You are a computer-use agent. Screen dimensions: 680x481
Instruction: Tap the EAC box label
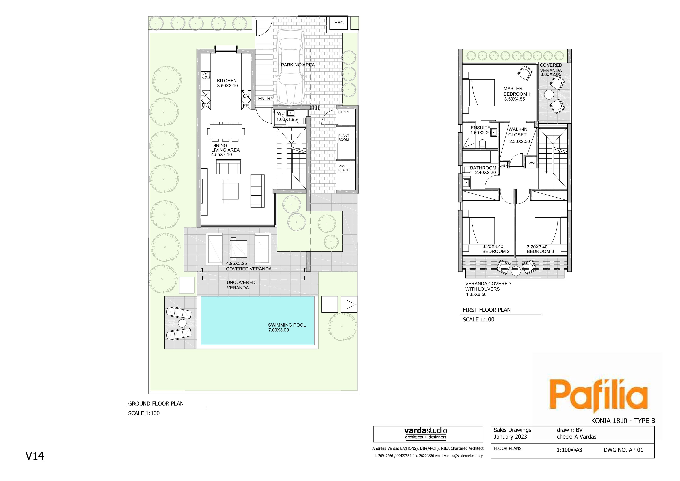point(339,23)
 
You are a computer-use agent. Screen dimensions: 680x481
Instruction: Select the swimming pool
point(257,320)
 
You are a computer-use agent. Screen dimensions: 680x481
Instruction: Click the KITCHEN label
point(227,81)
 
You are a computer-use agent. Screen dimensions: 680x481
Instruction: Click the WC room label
point(280,114)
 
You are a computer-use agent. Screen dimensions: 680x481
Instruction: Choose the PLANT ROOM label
point(343,138)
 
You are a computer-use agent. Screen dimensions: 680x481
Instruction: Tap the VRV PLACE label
point(343,168)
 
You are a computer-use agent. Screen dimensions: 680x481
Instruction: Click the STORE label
point(344,112)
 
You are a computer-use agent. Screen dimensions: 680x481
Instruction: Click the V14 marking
point(35,456)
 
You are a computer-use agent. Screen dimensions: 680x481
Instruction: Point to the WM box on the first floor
point(531,163)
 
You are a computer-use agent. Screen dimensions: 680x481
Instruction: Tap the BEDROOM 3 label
point(540,251)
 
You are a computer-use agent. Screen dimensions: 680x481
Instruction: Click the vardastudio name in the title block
point(426,431)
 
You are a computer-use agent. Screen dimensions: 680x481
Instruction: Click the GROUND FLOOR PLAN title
point(156,404)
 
